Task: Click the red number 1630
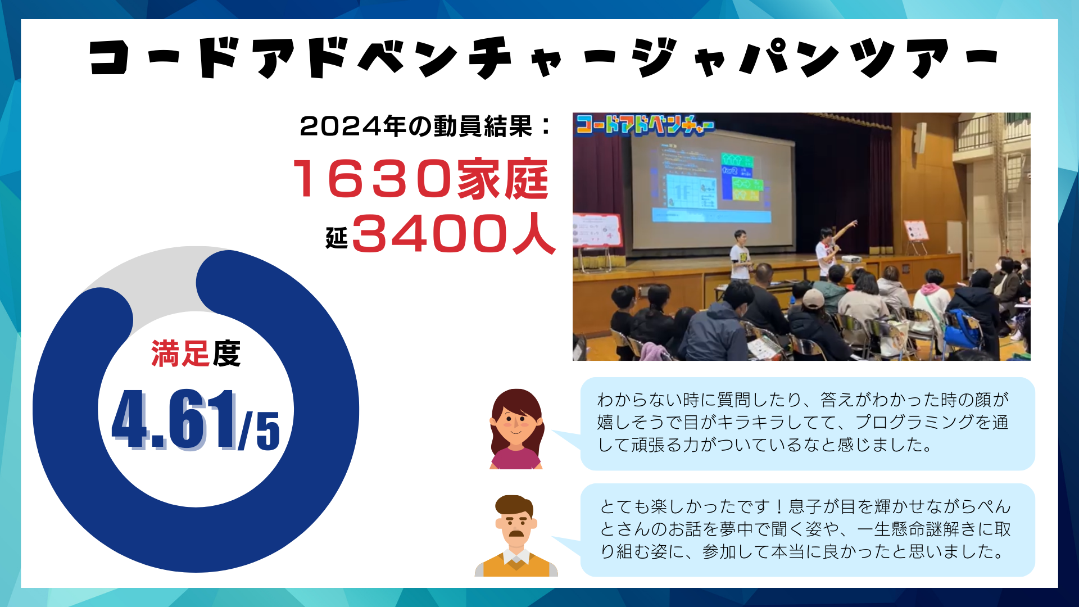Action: [x=372, y=179]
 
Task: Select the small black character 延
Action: [x=337, y=238]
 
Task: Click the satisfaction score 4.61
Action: [x=174, y=420]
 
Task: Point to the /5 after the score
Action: [x=259, y=431]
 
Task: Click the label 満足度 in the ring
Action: [x=196, y=354]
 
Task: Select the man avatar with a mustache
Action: [x=516, y=536]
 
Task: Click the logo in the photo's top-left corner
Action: [x=645, y=125]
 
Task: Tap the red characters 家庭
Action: [x=503, y=179]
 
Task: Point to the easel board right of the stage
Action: [x=916, y=236]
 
